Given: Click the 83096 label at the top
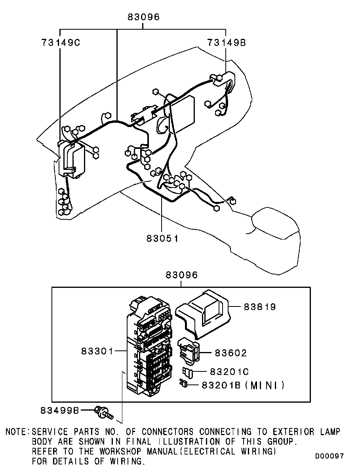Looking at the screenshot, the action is pos(144,17).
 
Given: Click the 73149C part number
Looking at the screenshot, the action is pos(61,43).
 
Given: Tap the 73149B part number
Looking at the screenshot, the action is pos(227,43).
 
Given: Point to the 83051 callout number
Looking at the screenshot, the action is pos(162,239).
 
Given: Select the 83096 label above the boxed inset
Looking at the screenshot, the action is pos(182,275).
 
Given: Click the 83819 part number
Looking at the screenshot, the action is pos(260,307).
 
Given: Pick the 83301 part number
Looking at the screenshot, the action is pos(97,351).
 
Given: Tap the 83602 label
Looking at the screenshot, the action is pos(231,353).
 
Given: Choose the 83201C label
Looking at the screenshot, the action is pos(229,372).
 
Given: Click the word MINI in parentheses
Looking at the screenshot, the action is pos(264,385).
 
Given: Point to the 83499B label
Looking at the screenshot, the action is pos(60,410).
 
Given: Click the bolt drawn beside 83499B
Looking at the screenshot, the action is pos(104,412).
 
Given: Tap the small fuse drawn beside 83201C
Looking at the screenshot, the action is pos(188,372).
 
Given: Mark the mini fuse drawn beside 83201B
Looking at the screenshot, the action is pos(183,384).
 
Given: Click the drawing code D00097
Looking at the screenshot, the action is pos(329,456).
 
